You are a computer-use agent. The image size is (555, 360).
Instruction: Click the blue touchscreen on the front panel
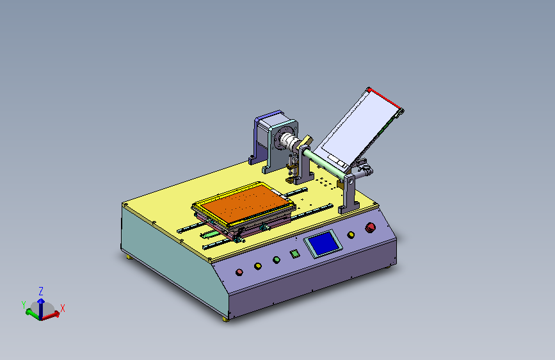click(323, 243)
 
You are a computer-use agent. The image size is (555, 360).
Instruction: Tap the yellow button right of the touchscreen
click(351, 235)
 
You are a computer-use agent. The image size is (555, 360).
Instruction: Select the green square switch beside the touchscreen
click(294, 254)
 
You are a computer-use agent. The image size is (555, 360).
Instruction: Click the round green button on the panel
click(277, 260)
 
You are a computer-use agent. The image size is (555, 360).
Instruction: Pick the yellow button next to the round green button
click(258, 266)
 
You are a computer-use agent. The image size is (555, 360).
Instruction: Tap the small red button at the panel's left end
click(239, 272)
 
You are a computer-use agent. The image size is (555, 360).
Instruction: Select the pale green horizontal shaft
click(324, 163)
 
